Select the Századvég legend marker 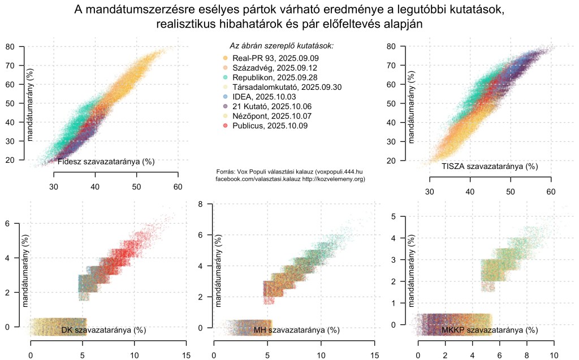point(225,68)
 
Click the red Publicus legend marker point(225,125)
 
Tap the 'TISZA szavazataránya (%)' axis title point(490,166)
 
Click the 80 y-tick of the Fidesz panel point(10,46)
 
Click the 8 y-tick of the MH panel point(200,204)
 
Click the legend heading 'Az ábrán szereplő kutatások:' point(281,45)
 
